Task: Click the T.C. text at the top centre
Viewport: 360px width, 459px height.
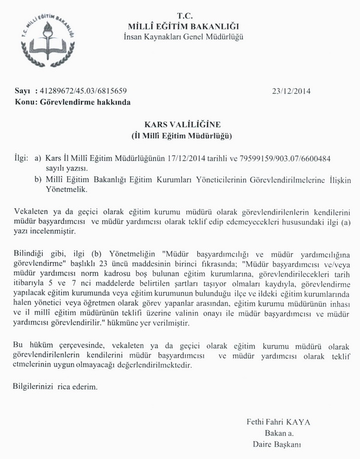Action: point(184,14)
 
